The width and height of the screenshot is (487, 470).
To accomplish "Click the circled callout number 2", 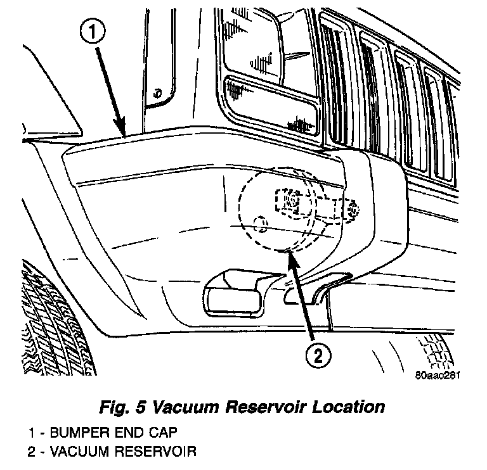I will tap(318, 356).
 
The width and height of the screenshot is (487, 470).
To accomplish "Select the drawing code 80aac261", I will tap(438, 374).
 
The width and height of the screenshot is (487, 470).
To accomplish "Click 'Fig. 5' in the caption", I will tap(122, 405).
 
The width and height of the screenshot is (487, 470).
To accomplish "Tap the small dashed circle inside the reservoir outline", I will tap(259, 222).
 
